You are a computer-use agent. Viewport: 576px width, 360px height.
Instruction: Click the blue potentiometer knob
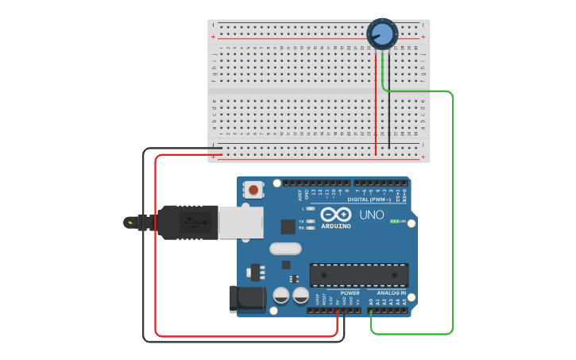[x=382, y=33]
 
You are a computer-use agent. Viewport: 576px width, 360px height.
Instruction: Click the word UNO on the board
[x=373, y=215]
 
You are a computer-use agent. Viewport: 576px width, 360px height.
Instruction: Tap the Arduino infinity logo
[x=336, y=215]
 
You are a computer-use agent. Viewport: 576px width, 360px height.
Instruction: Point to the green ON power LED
[x=395, y=221]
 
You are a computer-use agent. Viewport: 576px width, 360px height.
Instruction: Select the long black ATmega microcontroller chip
[x=358, y=275]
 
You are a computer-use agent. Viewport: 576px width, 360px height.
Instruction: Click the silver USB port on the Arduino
[x=241, y=223]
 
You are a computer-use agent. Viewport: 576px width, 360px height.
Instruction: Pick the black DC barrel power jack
[x=246, y=298]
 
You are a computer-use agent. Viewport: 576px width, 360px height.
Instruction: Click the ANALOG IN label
[x=392, y=293]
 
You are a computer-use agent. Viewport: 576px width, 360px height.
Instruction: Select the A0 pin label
[x=371, y=302]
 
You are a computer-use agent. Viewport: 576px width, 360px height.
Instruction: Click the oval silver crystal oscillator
[x=285, y=248]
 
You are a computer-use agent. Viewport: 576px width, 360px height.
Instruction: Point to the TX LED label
[x=302, y=221]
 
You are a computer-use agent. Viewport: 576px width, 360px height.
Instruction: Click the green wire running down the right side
[x=453, y=215]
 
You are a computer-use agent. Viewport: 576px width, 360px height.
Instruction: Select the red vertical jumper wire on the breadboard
[x=376, y=103]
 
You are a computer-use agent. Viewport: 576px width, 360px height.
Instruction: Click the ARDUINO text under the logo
[x=336, y=226]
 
